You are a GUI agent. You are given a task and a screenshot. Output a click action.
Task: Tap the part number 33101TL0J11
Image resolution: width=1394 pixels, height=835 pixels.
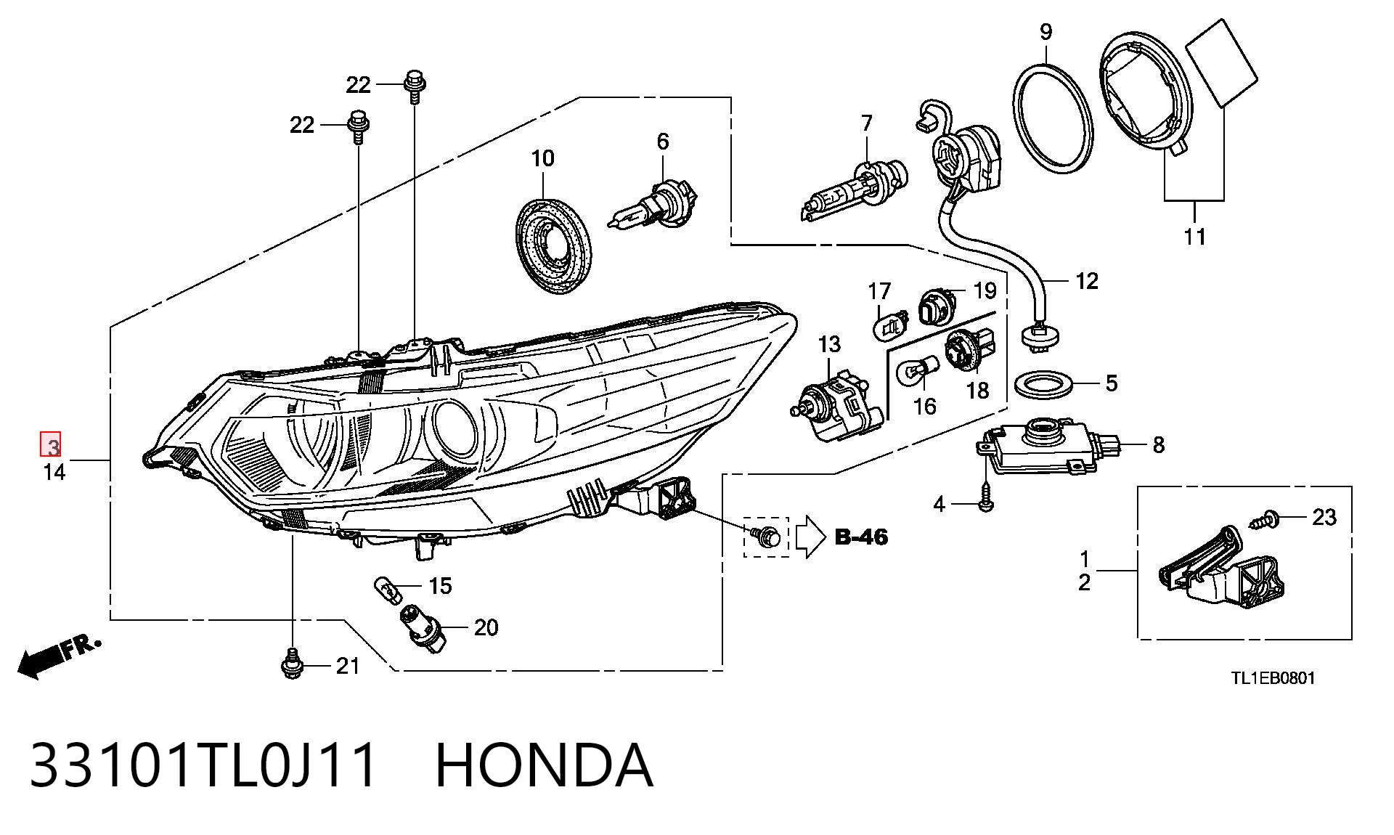tap(204, 765)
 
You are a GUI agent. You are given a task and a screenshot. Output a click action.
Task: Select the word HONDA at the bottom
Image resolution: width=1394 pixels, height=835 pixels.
tap(544, 765)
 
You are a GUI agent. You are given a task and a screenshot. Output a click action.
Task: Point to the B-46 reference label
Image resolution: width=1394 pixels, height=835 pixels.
tap(861, 537)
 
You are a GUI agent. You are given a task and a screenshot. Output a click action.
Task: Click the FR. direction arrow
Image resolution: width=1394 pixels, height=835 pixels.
tap(58, 656)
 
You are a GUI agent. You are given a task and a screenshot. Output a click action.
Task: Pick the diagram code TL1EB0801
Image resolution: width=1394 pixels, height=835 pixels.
tap(1272, 678)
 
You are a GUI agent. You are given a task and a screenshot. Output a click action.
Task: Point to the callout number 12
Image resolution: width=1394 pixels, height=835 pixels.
tap(1086, 281)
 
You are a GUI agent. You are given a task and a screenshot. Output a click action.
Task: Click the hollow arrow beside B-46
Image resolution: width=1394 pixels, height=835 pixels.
tap(811, 537)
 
